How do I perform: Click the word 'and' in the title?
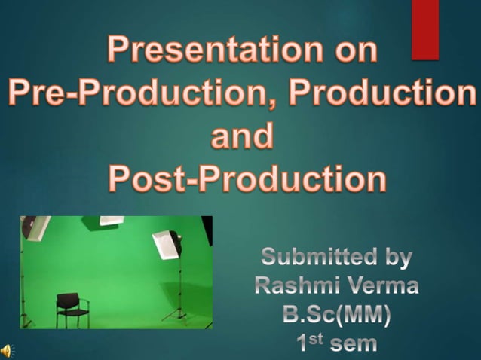coord(241,136)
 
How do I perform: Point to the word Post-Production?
coord(247,179)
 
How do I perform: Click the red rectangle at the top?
coord(425,29)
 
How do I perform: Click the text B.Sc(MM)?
coord(336,316)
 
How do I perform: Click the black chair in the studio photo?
coord(72,310)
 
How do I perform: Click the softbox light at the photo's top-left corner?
coord(35,227)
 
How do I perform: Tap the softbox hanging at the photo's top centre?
coord(111,221)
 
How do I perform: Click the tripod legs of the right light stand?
coord(178,313)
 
